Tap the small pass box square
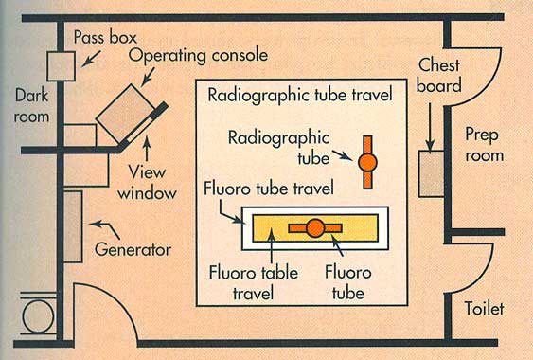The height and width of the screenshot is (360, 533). (61, 66)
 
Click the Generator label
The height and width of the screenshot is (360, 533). (133, 250)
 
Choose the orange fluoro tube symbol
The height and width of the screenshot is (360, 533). (314, 227)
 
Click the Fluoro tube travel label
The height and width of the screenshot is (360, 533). (268, 190)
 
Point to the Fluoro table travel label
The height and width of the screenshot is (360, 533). (253, 282)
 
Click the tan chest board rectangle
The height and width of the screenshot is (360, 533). (431, 173)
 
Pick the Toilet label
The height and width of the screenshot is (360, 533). (486, 309)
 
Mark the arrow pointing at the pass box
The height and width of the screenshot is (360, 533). (87, 61)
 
